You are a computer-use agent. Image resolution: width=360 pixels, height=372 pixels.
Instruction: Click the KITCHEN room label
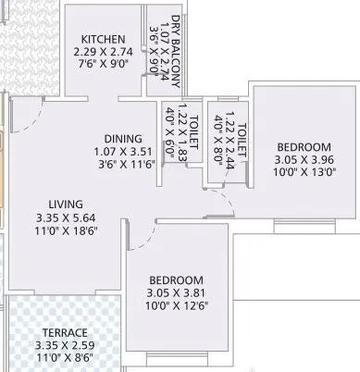pyautogui.click(x=102, y=38)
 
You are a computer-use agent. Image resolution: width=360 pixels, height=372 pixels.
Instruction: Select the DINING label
pyautogui.click(x=122, y=138)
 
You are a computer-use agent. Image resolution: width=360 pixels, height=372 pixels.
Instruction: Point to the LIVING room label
pyautogui.click(x=68, y=204)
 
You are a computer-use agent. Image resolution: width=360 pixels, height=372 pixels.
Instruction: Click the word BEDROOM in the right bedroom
pyautogui.click(x=304, y=147)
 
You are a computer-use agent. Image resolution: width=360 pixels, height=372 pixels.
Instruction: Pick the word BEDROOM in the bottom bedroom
pyautogui.click(x=176, y=279)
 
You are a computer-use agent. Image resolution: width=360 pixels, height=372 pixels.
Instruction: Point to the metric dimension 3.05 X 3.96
pyautogui.click(x=304, y=160)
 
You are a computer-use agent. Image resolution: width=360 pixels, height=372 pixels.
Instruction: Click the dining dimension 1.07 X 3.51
pyautogui.click(x=122, y=151)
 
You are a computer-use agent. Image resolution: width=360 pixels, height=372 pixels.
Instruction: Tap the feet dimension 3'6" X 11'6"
pyautogui.click(x=122, y=164)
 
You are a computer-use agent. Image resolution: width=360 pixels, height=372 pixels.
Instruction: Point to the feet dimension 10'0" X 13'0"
pyautogui.click(x=304, y=173)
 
